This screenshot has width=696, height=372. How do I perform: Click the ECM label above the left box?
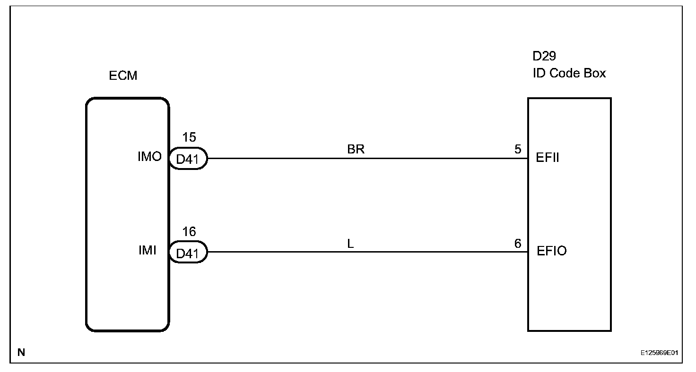coord(123,76)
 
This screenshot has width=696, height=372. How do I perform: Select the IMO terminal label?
coord(149,157)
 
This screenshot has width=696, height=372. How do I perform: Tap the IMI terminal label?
coord(148,251)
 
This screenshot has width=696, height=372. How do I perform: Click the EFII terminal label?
coord(548,158)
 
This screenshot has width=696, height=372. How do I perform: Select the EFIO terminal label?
coord(551,251)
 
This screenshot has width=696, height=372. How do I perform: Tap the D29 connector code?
coord(544,56)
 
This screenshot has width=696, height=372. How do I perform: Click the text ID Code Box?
coord(569,74)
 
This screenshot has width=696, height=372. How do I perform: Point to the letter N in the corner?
coord(21,352)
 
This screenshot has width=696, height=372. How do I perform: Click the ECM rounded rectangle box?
coord(127,293)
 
